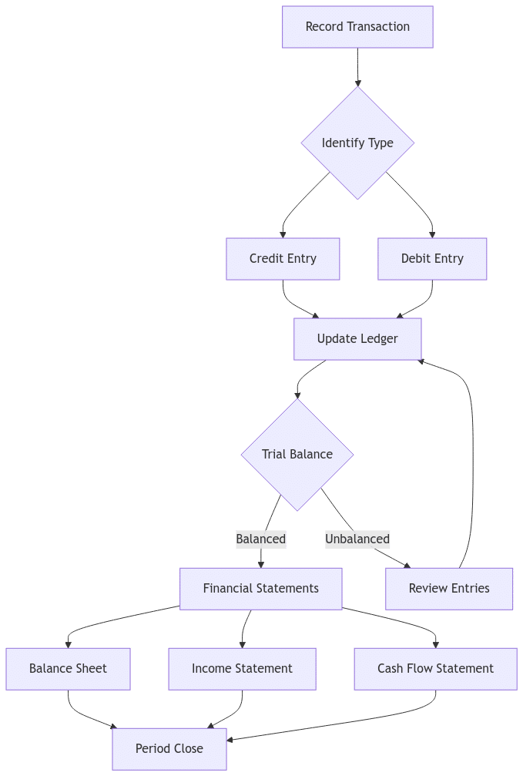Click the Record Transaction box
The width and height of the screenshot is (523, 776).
pyautogui.click(x=357, y=27)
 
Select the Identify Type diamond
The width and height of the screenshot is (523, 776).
pyautogui.click(x=357, y=143)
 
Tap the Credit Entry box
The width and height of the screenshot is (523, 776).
pyautogui.click(x=283, y=258)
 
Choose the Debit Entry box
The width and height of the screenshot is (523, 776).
pyautogui.click(x=432, y=258)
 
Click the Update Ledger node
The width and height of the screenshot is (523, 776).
pyautogui.click(x=357, y=338)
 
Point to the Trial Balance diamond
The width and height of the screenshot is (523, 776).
pyautogui.click(x=297, y=454)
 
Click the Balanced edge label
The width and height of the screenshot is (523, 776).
pyautogui.click(x=260, y=539)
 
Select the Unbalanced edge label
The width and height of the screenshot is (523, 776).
pyautogui.click(x=357, y=539)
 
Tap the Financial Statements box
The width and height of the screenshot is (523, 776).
pyautogui.click(x=260, y=588)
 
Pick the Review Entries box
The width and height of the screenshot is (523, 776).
pyautogui.click(x=449, y=588)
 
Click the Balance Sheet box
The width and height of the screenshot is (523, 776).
pyautogui.click(x=68, y=668)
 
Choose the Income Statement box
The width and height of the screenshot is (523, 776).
pyautogui.click(x=242, y=668)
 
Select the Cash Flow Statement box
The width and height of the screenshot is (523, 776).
pyautogui.click(x=435, y=668)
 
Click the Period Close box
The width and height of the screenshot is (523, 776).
pyautogui.click(x=169, y=748)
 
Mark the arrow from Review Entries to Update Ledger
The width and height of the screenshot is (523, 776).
pyautogui.click(x=471, y=462)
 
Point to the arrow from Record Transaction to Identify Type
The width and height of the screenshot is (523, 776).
pyautogui.click(x=357, y=67)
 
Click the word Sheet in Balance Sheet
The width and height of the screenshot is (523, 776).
pyautogui.click(x=90, y=668)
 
